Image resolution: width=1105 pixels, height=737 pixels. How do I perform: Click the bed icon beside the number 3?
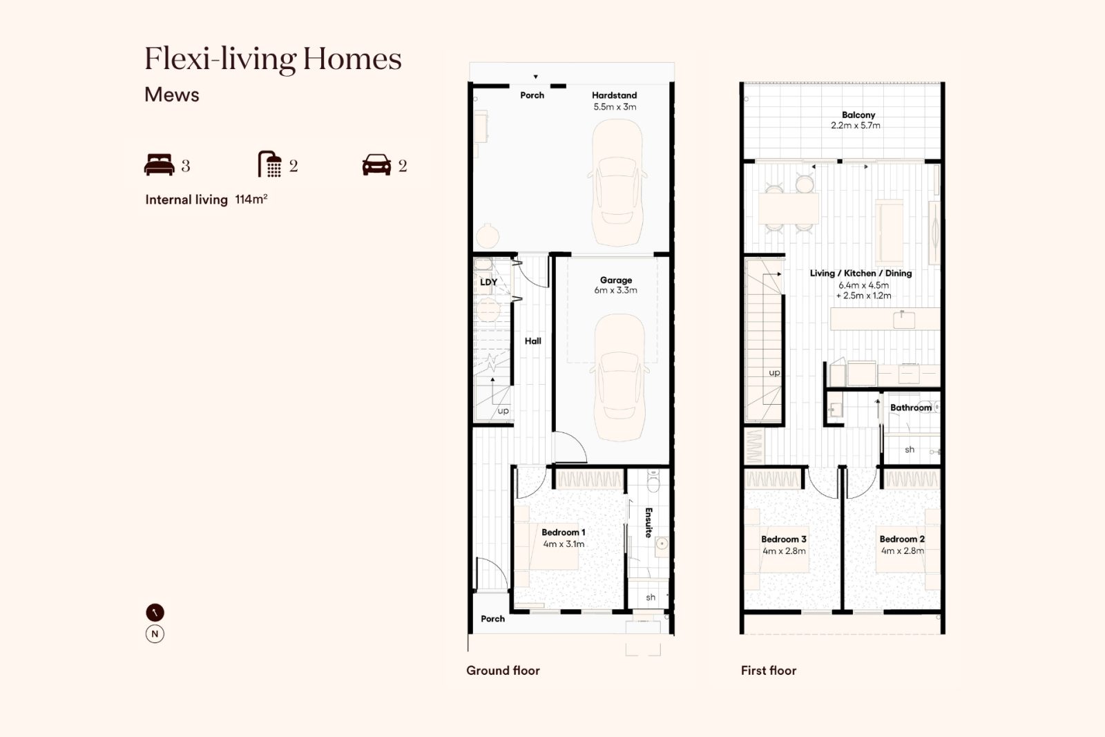pos(160,165)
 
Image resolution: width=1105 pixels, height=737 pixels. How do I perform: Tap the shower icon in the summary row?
pos(270,164)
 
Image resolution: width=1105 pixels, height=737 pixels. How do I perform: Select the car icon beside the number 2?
pos(376,165)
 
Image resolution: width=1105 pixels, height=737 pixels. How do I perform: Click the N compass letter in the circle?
pos(155,634)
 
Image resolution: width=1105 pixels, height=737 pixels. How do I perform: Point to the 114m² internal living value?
pos(251,200)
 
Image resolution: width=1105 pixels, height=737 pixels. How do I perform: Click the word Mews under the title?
pos(172,95)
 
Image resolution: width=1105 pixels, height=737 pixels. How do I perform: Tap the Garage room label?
pos(615,280)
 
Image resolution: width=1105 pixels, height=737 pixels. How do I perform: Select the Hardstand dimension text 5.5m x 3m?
pos(615,106)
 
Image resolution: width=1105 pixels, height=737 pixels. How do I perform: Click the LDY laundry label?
pos(488,283)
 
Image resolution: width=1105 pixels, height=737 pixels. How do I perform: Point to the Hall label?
pos(532,341)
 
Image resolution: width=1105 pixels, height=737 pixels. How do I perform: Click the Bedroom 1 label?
pos(564,533)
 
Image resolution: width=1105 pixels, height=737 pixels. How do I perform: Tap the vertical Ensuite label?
pos(648,522)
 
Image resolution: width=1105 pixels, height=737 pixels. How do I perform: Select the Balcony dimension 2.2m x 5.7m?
pos(856,125)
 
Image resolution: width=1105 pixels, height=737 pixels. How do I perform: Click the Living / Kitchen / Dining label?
pos(861,274)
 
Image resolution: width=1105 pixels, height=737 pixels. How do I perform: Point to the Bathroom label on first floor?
pos(911,408)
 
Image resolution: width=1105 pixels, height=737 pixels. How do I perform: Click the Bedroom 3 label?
pos(784,539)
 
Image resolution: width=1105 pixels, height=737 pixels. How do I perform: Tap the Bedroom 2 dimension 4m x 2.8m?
pos(903,551)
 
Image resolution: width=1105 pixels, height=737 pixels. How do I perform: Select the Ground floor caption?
pos(503,671)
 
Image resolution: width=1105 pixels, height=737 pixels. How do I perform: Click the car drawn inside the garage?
pos(619,378)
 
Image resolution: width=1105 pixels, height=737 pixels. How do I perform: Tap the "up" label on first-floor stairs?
pos(774,372)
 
